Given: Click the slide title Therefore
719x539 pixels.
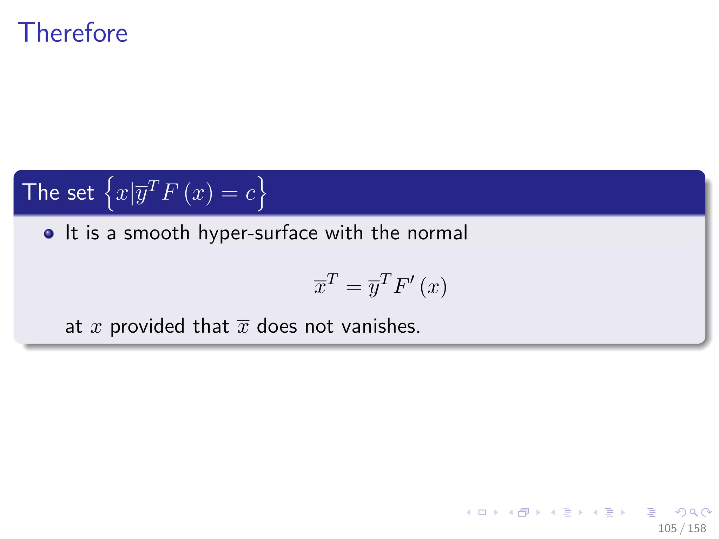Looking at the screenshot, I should point(73,33).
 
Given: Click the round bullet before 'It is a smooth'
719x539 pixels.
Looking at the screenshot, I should point(49,234).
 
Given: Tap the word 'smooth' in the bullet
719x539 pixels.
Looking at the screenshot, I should point(157,233).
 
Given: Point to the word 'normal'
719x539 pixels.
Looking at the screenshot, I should point(437,233).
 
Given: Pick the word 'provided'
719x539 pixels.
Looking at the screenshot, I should point(147,327).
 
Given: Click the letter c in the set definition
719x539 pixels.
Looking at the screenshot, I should point(250,194).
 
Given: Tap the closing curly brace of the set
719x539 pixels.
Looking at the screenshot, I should point(262,193).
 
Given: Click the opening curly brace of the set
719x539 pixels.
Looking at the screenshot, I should point(110,193).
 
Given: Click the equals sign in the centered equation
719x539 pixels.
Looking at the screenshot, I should point(353,288).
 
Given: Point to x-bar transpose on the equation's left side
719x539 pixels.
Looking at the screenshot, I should point(325,285).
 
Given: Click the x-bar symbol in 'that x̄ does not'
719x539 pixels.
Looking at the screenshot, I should point(243,327).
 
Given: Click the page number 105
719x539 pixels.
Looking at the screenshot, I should point(667,528).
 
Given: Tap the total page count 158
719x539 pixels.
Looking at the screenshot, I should point(697,528).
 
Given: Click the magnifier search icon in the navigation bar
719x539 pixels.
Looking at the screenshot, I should point(693,513).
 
